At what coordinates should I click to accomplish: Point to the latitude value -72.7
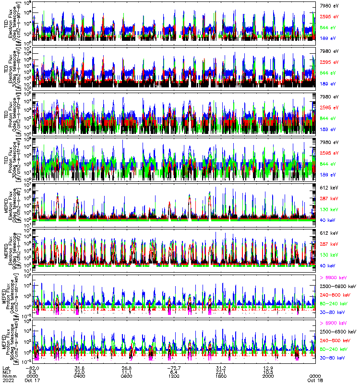174,367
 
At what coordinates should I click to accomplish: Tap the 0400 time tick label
80,376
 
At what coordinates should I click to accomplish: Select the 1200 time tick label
174,376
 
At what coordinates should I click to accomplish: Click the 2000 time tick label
268,376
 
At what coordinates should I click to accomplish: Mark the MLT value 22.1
221,372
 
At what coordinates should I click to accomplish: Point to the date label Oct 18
315,380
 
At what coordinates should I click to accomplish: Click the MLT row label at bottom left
6,372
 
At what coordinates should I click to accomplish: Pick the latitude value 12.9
268,367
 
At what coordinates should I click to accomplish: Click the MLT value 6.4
174,372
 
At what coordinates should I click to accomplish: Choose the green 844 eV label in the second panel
326,72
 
